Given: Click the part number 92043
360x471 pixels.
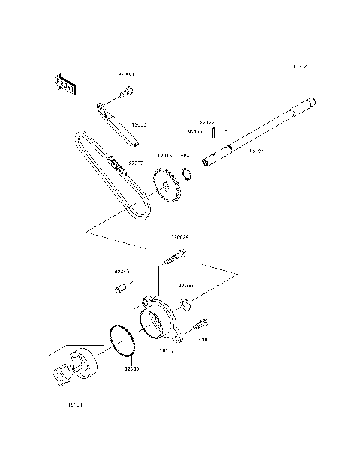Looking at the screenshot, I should pos(122,271).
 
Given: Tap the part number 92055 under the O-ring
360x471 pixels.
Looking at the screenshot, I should pos(131,368).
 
